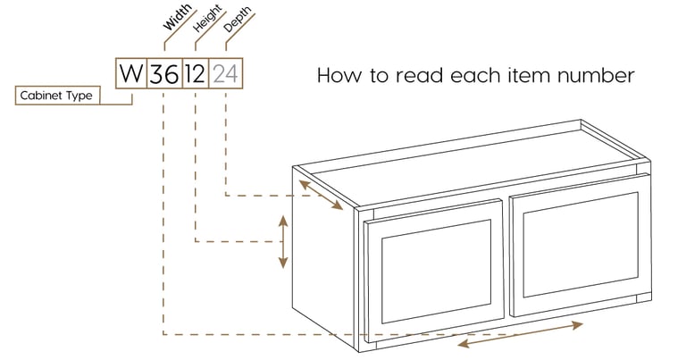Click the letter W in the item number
coord(131,72)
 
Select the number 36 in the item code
coord(163,72)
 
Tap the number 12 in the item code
coord(195,72)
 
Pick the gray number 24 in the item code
coord(226,72)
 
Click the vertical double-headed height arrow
coord(283,241)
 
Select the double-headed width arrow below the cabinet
coord(520,334)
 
